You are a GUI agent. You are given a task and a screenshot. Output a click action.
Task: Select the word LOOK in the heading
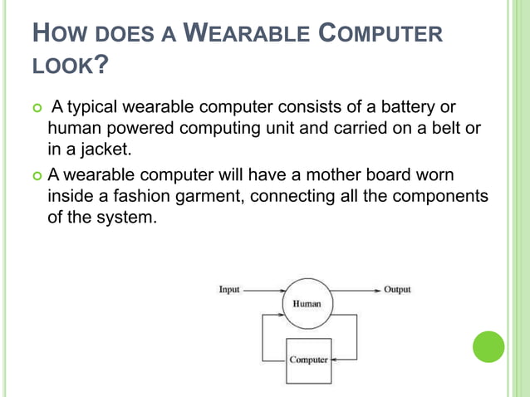click(x=64, y=64)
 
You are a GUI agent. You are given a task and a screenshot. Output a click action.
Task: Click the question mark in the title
click(x=103, y=64)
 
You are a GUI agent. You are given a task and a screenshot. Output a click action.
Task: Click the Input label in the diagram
click(x=229, y=290)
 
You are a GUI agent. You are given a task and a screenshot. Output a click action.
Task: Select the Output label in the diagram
click(x=396, y=290)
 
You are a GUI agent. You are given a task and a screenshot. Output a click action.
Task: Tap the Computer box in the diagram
click(x=308, y=360)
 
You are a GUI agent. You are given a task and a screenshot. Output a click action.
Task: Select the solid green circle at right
click(x=488, y=346)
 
